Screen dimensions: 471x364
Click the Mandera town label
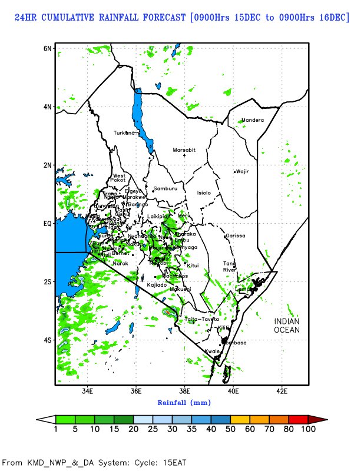pyautogui.click(x=253, y=121)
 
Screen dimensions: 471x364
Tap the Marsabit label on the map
pyautogui.click(x=184, y=150)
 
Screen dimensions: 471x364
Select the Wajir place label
pyautogui.click(x=243, y=172)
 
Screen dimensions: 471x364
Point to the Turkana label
pyautogui.click(x=124, y=133)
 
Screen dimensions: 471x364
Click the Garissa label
pyautogui.click(x=235, y=235)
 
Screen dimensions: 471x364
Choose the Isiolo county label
pyautogui.click(x=204, y=193)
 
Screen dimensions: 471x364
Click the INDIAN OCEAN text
pyautogui.click(x=287, y=326)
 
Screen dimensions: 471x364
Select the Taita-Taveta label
pyautogui.click(x=201, y=319)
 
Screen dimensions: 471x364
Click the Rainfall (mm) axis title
pyautogui.click(x=184, y=403)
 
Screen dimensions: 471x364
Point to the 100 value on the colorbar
pyautogui.click(x=308, y=429)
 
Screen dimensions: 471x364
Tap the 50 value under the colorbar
pyautogui.click(x=230, y=429)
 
